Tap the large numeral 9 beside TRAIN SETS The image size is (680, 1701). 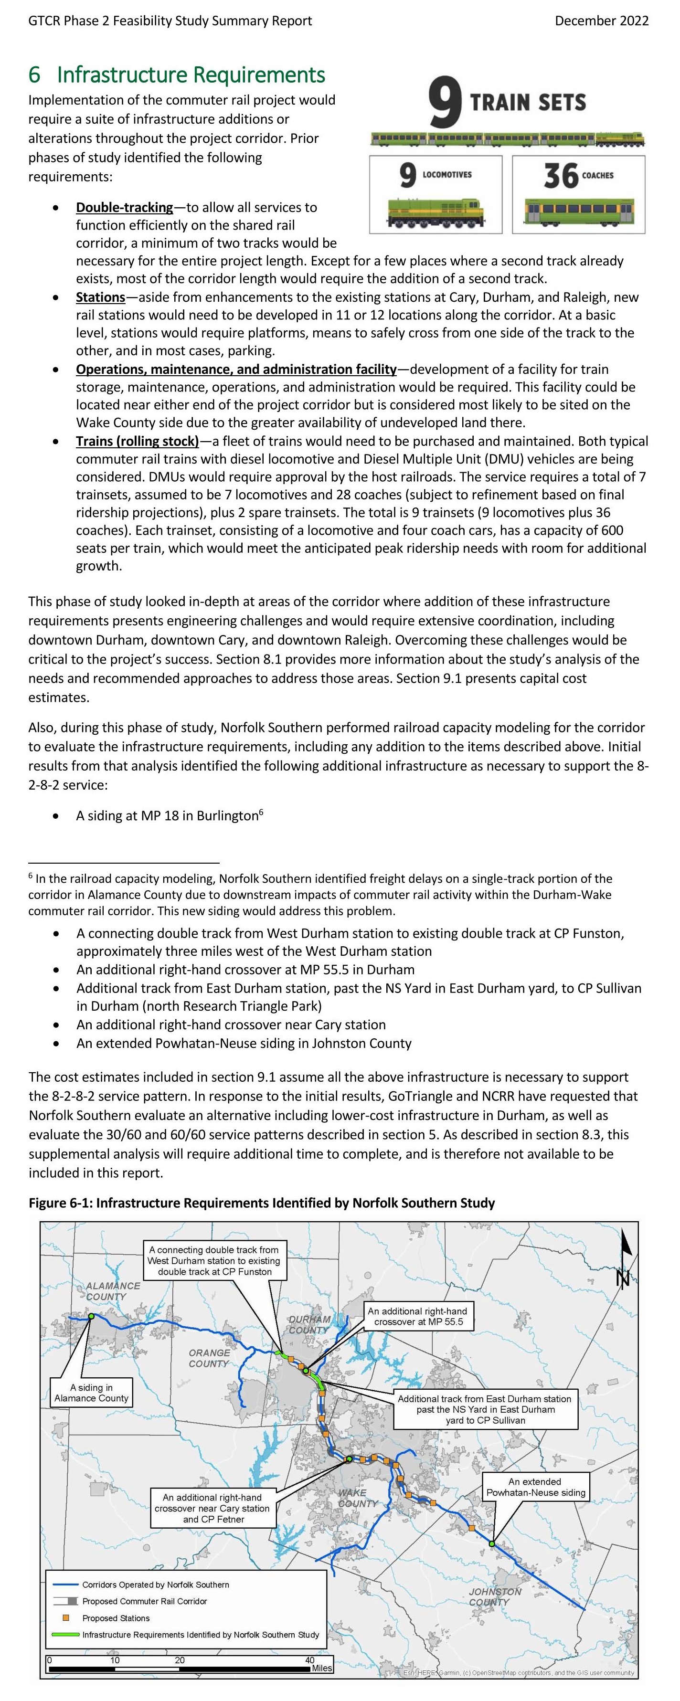pos(444,102)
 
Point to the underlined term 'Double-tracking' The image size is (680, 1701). pos(124,207)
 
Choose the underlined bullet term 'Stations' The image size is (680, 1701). pos(100,297)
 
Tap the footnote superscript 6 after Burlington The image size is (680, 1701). pos(261,812)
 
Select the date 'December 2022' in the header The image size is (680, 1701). pos(601,21)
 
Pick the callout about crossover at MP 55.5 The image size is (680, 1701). pos(417,1316)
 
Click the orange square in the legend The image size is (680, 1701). pos(66,1618)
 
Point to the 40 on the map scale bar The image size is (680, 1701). pos(309,1660)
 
